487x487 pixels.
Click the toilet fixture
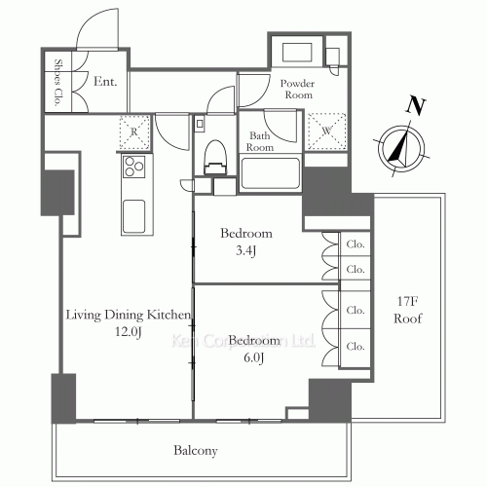(x=214, y=158)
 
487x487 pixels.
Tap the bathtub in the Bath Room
(x=270, y=173)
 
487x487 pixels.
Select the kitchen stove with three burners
(x=133, y=167)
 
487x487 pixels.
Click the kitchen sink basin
(x=133, y=216)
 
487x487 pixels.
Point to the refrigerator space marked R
(x=134, y=132)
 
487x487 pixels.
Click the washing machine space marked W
(x=326, y=131)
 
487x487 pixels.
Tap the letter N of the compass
(x=416, y=105)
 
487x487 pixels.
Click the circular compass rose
(x=401, y=148)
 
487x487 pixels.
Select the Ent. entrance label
(x=105, y=81)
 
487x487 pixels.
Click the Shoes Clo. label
(x=57, y=83)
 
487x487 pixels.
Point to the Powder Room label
(x=298, y=89)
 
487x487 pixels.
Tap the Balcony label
(x=196, y=451)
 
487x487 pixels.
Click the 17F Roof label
(x=408, y=310)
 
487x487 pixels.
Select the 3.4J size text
(x=246, y=250)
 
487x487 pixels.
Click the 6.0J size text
(x=253, y=357)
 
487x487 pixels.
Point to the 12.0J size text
(x=129, y=331)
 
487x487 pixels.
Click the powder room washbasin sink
(x=297, y=52)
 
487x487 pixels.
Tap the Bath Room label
(x=260, y=141)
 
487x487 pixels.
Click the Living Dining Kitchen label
(x=129, y=315)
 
